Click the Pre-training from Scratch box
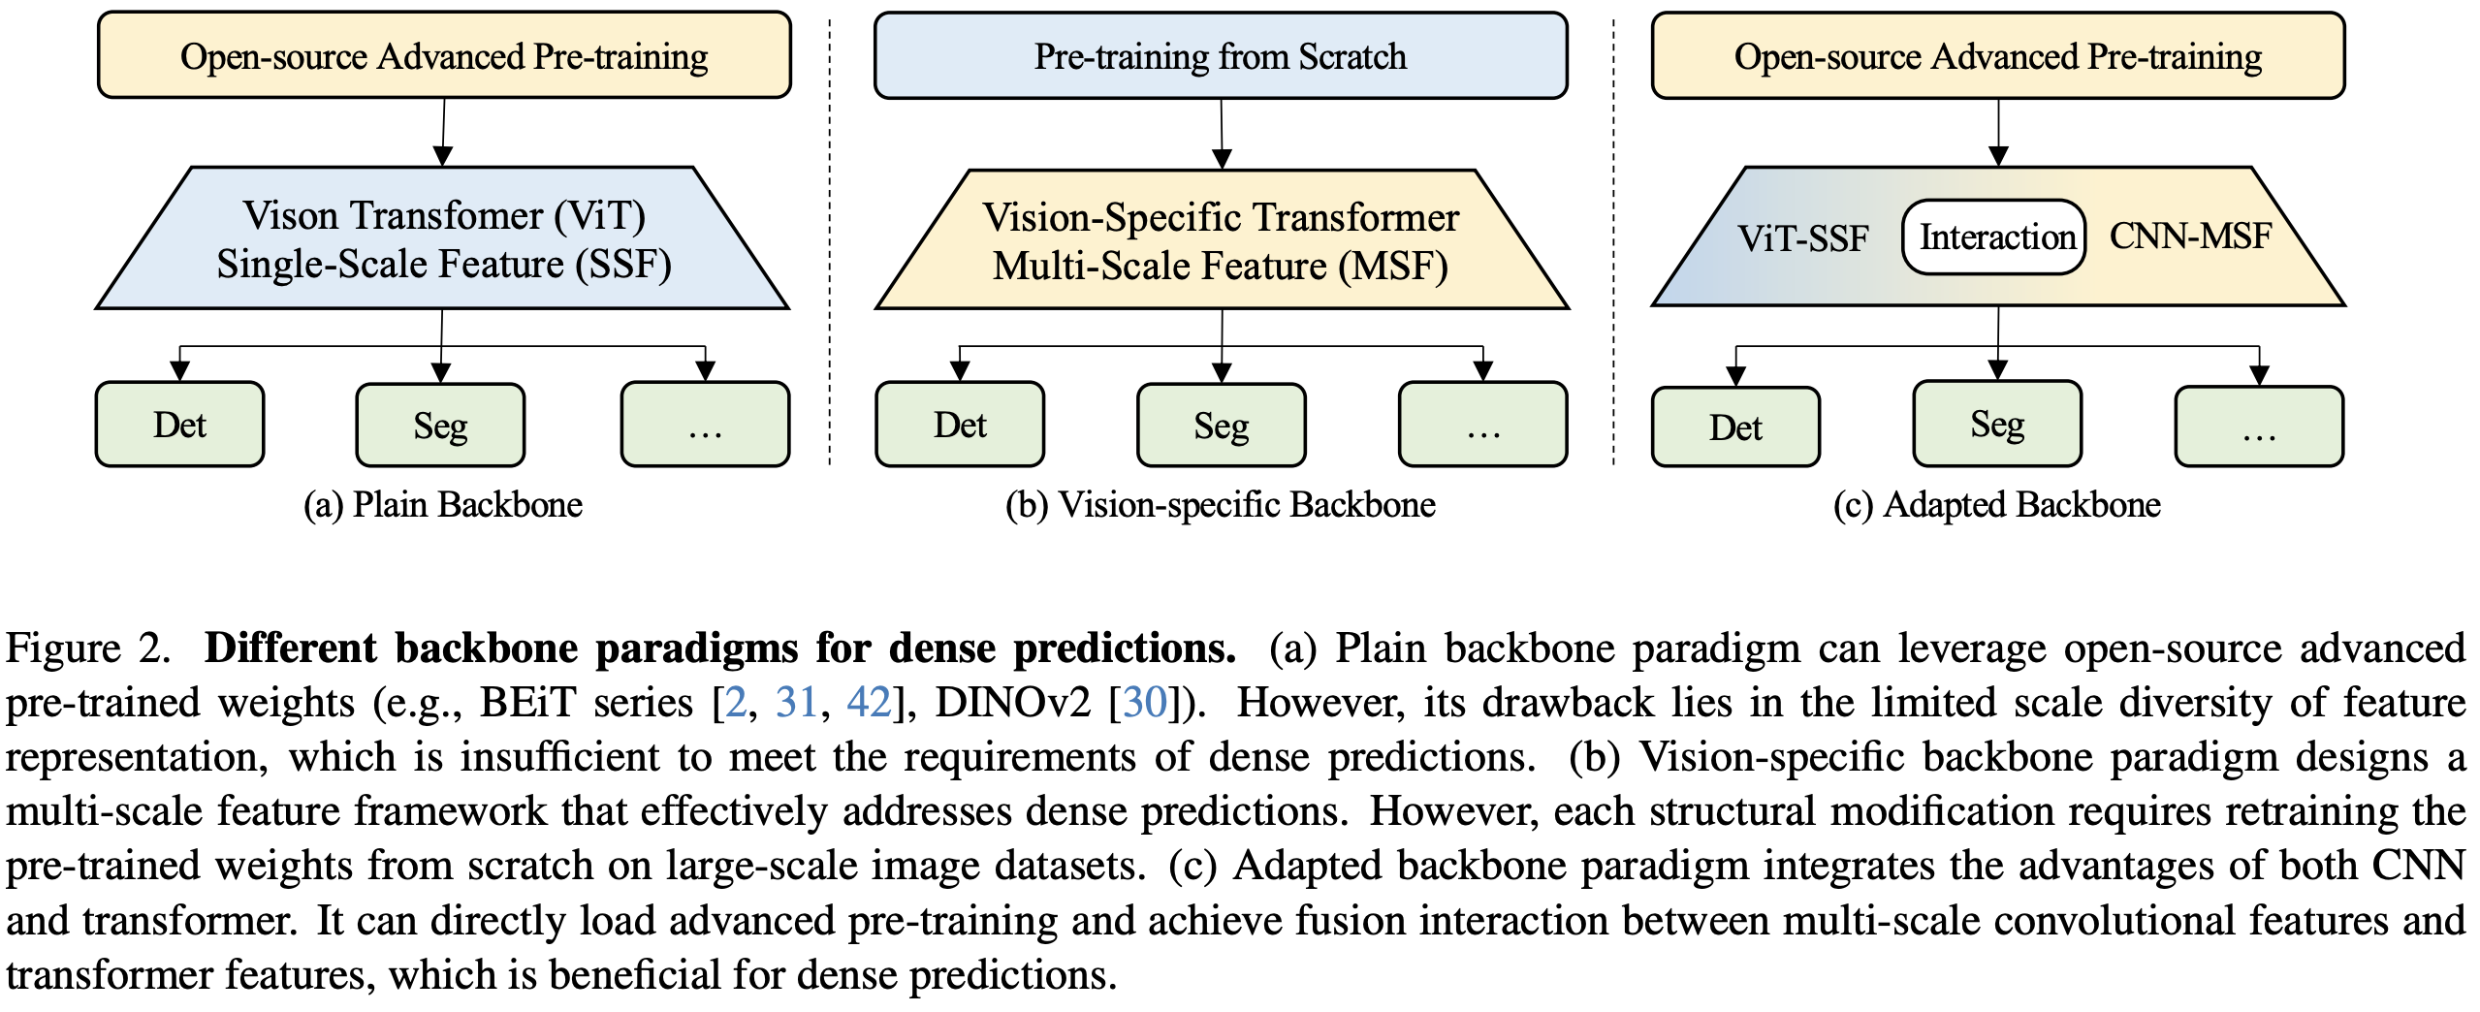[x=1221, y=56]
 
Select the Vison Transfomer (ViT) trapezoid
[x=442, y=238]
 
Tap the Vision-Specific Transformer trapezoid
[x=1222, y=240]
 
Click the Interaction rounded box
[x=1994, y=237]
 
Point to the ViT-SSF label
[x=1802, y=238]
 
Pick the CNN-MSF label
[x=2190, y=236]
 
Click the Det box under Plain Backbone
[x=179, y=425]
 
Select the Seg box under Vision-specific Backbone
[x=1222, y=426]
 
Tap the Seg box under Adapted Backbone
[x=1997, y=424]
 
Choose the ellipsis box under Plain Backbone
[x=706, y=425]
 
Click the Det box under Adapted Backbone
[x=1735, y=427]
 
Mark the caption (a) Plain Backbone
[x=443, y=505]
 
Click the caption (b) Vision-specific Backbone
[x=1221, y=505]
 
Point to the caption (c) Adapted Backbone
[x=1997, y=505]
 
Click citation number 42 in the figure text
[x=869, y=702]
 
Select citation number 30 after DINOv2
[x=1145, y=702]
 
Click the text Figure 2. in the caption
[x=88, y=648]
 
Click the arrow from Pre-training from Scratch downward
[x=1222, y=134]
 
